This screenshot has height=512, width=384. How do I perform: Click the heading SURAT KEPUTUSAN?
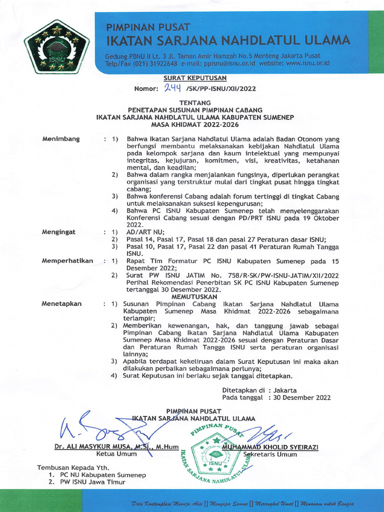pos(195,78)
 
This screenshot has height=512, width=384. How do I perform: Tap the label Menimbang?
pos(61,138)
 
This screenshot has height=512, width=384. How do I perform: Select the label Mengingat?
pos(59,232)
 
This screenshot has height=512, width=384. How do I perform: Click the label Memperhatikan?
pos(67,260)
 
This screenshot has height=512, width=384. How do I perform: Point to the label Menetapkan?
pos(61,303)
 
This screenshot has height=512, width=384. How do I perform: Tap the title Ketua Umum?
pos(112,454)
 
